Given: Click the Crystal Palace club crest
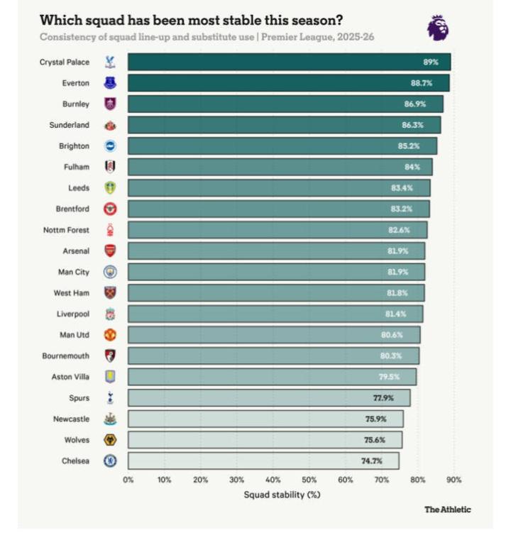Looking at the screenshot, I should (x=110, y=62).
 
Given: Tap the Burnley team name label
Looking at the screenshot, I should (x=76, y=104).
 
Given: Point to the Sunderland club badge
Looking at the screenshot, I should (x=110, y=125).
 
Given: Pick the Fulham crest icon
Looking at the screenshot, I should (x=110, y=167).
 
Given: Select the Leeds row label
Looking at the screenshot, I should (x=79, y=188).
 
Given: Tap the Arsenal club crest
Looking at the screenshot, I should (x=110, y=251).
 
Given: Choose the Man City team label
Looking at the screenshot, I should (x=74, y=272).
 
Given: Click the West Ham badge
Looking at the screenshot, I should (x=110, y=292).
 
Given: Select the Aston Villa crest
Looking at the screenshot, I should (x=110, y=377).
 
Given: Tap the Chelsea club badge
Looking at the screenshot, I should (x=110, y=461).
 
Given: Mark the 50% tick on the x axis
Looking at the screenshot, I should (x=309, y=480).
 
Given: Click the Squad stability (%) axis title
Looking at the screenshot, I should (x=282, y=495).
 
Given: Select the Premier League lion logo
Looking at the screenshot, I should (x=437, y=28).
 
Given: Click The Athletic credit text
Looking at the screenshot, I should (x=447, y=510).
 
